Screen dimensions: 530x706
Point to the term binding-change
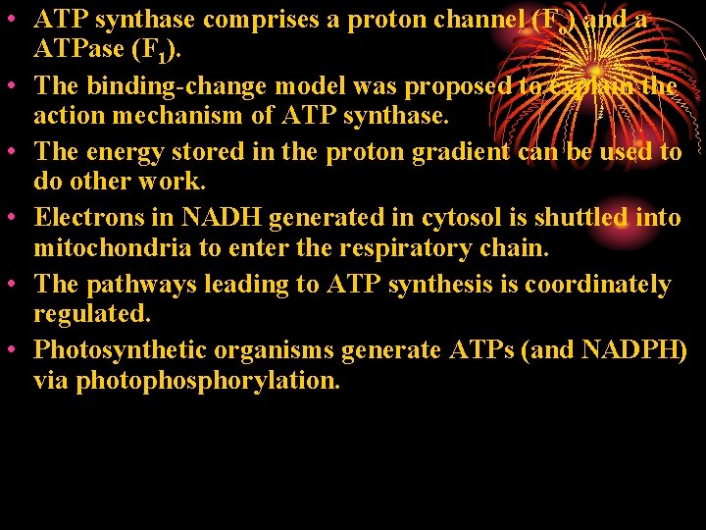pyautogui.click(x=176, y=85)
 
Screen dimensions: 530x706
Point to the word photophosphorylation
pyautogui.click(x=186, y=382)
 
